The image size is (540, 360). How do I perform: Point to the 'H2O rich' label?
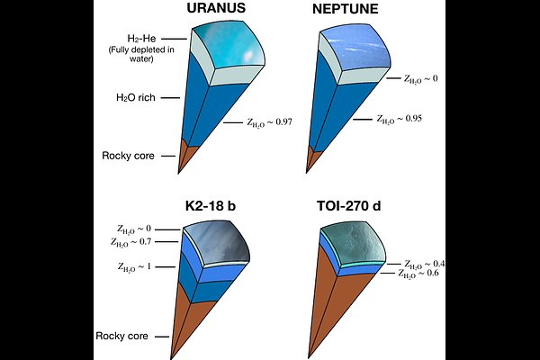(x=137, y=97)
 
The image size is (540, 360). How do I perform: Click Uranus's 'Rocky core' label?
(x=129, y=155)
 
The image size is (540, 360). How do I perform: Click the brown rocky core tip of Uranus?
(x=186, y=157)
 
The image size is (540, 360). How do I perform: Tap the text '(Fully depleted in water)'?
(x=150, y=55)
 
